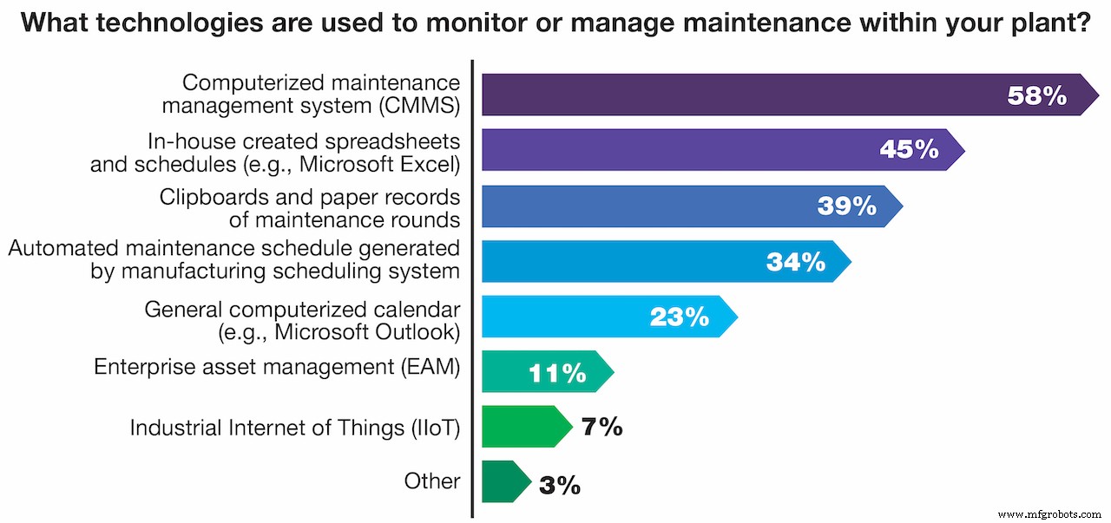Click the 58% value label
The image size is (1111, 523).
click(1037, 95)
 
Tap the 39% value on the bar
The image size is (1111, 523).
click(847, 206)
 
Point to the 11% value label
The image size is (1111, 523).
click(557, 374)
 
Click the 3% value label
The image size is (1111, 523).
click(559, 485)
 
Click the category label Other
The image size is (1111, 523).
click(432, 481)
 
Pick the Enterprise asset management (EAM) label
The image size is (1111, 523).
click(277, 367)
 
